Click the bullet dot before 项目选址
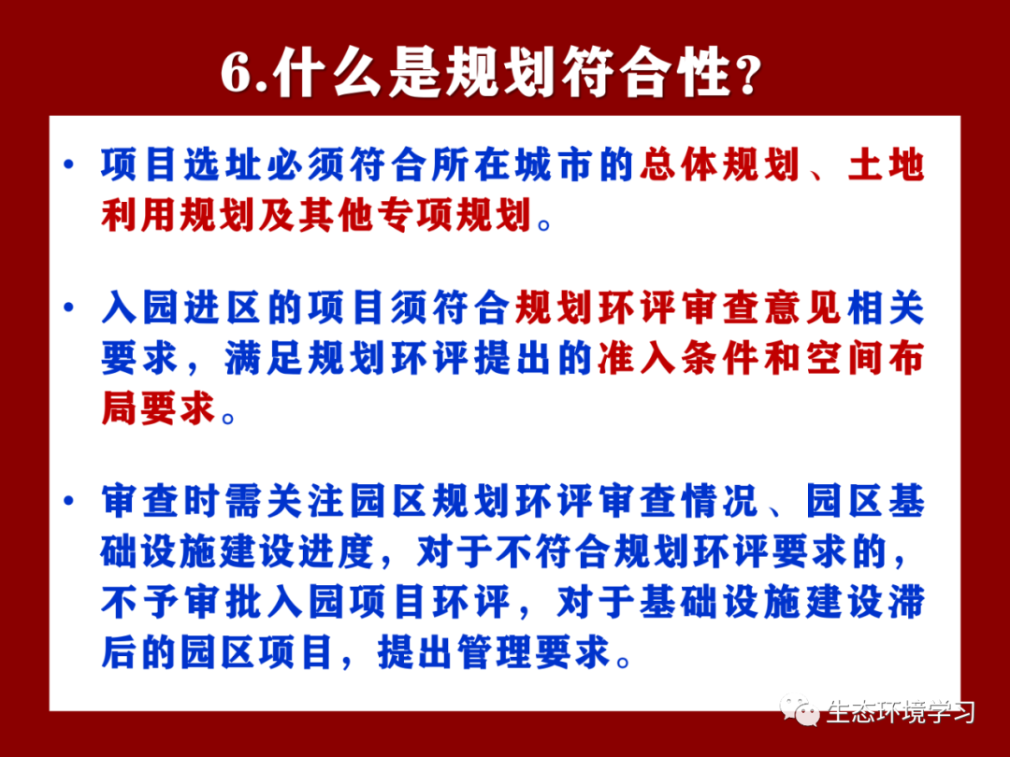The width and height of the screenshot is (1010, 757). [x=69, y=164]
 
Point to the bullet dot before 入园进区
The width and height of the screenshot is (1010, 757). [x=69, y=307]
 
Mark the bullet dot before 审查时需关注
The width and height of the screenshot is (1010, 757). [x=69, y=501]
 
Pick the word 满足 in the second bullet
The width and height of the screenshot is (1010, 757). [x=265, y=358]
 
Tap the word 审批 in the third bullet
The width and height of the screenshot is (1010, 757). [x=224, y=603]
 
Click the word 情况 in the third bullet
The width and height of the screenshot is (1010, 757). [x=720, y=501]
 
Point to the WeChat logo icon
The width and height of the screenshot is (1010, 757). [x=800, y=710]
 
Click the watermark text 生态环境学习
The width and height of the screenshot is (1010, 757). [x=901, y=712]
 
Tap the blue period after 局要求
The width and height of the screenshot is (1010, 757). [x=229, y=417]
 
